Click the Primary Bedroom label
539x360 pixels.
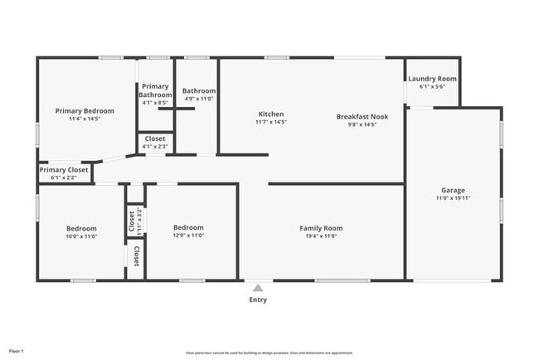(x=85, y=110)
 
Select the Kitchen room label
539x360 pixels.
(x=271, y=114)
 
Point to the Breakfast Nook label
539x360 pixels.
(x=362, y=116)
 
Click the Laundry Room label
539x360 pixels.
(x=432, y=79)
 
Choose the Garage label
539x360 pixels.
(x=453, y=190)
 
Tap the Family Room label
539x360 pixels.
(x=321, y=228)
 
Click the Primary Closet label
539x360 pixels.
(x=64, y=169)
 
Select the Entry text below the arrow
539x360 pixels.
(x=258, y=299)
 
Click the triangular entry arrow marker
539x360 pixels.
(x=258, y=288)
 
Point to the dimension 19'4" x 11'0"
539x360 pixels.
(x=321, y=236)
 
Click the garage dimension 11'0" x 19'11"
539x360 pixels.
(x=453, y=198)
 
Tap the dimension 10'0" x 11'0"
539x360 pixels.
(x=81, y=236)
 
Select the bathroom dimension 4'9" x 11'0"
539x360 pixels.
(x=199, y=99)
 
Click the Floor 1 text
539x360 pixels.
(x=17, y=352)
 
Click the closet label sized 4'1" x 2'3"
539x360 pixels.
(x=155, y=146)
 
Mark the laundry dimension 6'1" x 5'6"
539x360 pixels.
(x=432, y=86)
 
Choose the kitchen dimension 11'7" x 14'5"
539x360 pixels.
(x=271, y=122)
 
